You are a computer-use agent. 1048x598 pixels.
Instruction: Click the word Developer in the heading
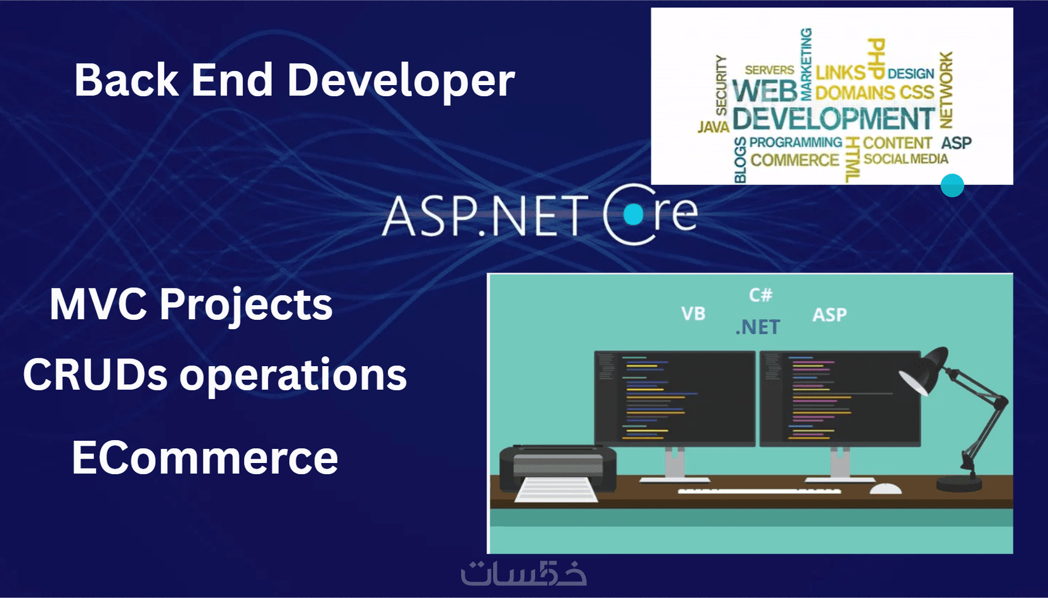tap(401, 81)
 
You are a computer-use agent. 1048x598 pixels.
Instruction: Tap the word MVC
tap(98, 304)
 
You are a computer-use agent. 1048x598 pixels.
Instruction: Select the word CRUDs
tap(95, 375)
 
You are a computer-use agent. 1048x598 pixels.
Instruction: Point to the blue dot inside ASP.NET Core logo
tap(634, 215)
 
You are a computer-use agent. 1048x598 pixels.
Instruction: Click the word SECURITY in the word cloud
tap(721, 84)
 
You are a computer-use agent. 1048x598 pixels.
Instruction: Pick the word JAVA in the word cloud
tap(713, 127)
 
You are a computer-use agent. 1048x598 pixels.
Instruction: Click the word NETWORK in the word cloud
tap(946, 90)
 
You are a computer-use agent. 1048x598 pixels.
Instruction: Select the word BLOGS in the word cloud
tap(740, 160)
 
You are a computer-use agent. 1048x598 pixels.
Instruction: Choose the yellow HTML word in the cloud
tap(853, 160)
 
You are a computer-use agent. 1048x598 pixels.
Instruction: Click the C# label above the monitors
tap(761, 295)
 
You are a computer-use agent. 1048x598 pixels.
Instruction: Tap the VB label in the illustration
tap(694, 314)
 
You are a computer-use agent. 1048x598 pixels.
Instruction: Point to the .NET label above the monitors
tap(758, 327)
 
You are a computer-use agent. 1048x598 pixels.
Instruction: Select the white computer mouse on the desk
tap(886, 488)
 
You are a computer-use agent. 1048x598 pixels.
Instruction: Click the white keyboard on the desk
tap(759, 490)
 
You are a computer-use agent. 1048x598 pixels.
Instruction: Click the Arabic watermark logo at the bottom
tap(523, 573)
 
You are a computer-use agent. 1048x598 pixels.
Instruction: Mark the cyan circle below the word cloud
tap(952, 186)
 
